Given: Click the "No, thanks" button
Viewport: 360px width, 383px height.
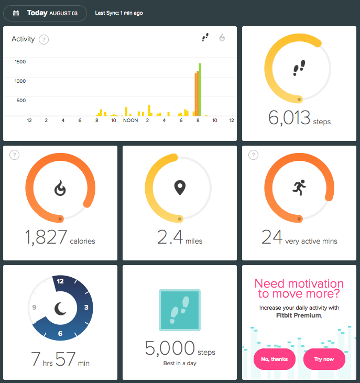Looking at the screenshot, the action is point(275,359).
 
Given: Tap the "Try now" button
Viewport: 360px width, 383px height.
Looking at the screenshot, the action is point(324,359).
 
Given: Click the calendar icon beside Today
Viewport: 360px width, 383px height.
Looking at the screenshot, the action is point(16,13).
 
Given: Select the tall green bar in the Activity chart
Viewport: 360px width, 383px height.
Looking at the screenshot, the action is point(200,90).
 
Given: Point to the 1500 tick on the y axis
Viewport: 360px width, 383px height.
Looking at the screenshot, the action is point(20,61).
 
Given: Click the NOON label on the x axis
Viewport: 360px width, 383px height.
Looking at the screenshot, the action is point(130,121).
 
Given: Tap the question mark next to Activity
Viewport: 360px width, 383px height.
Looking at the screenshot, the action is point(44,39).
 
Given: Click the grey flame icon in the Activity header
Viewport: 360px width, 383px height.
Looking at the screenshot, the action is point(222,37).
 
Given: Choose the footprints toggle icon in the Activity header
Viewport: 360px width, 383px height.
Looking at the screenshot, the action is point(205,37).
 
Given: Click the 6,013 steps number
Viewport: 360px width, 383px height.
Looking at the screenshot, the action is point(289,117).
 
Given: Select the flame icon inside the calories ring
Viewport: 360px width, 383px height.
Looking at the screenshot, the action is point(60,188).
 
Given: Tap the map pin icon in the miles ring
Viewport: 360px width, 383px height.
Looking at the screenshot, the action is point(180,188).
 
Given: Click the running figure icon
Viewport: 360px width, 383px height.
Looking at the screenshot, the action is point(299,188).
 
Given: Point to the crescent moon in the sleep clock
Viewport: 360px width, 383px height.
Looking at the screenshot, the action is point(60,309).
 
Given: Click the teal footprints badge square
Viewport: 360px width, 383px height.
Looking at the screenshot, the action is point(180,310).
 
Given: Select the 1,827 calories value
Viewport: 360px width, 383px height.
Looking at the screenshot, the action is point(46,237).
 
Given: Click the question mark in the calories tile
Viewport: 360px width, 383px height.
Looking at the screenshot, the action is point(14,155).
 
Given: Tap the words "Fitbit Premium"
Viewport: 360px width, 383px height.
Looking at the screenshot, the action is point(299,315).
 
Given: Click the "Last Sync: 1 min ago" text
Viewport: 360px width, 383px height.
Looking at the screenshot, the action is point(119,13).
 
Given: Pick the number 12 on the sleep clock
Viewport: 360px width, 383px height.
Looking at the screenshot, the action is point(60,281).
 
